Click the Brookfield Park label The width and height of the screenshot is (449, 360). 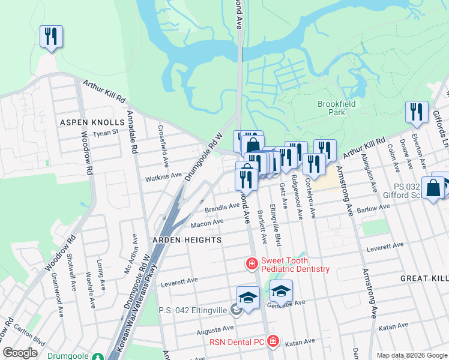(336, 108)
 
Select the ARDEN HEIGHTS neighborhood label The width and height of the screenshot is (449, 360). (178, 239)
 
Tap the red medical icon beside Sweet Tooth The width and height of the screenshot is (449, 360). (252, 263)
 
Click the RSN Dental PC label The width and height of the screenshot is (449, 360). (237, 342)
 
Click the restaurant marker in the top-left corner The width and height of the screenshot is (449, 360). (50, 37)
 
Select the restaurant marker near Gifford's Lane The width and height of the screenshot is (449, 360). (416, 112)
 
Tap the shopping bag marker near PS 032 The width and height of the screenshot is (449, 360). (433, 187)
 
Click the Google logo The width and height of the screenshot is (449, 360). (20, 353)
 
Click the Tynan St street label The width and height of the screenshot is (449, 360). (106, 132)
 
